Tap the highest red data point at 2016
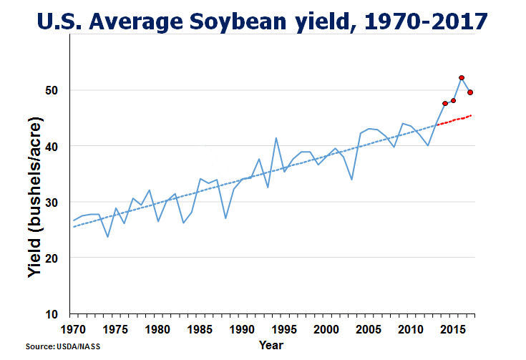462,77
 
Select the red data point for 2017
470,92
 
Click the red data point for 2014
445,104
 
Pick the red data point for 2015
453,100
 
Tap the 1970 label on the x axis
72,329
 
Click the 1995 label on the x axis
283,329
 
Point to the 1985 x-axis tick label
198,329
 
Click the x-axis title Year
271,345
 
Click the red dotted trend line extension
454,120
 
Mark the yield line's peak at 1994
276,138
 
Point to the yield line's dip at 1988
225,218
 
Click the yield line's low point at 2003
351,179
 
